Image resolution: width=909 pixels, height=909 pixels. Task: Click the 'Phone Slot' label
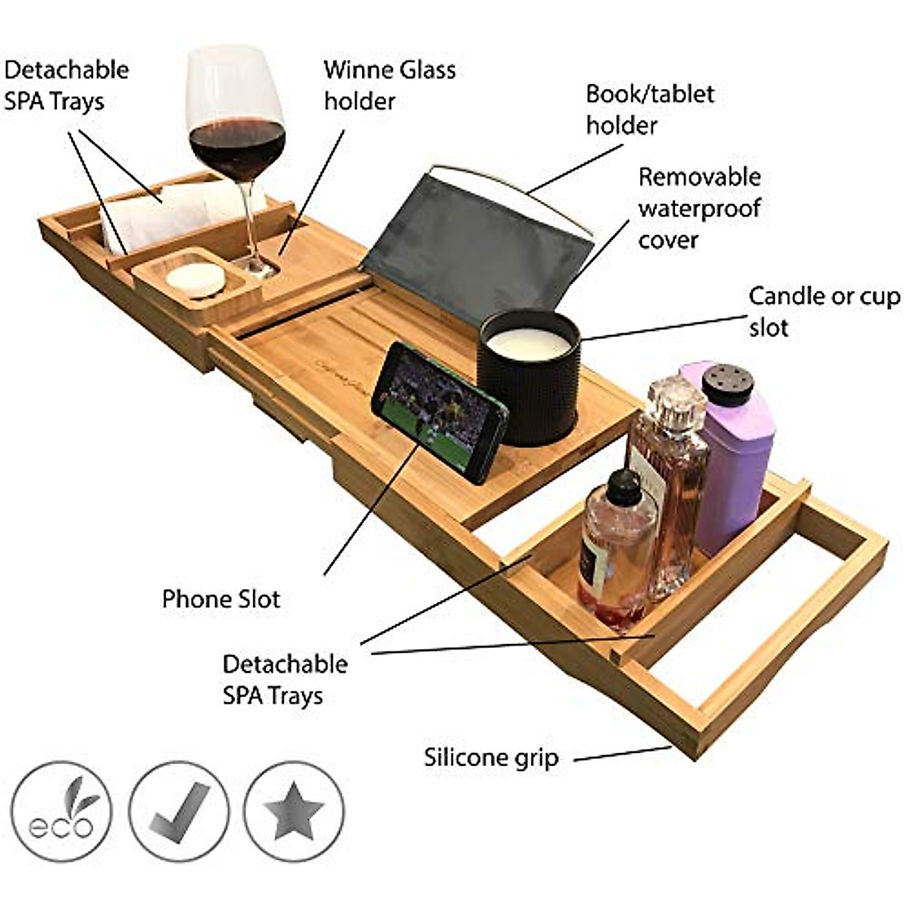click(220, 599)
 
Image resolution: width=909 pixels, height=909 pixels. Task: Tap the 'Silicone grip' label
click(491, 757)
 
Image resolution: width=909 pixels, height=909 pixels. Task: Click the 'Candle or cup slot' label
click(824, 311)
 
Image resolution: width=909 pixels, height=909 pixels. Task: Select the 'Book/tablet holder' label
click(649, 109)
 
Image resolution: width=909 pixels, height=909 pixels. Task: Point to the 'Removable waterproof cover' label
click(698, 208)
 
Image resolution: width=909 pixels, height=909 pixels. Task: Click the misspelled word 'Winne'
click(355, 70)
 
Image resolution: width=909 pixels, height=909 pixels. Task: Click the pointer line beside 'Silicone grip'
click(622, 753)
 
